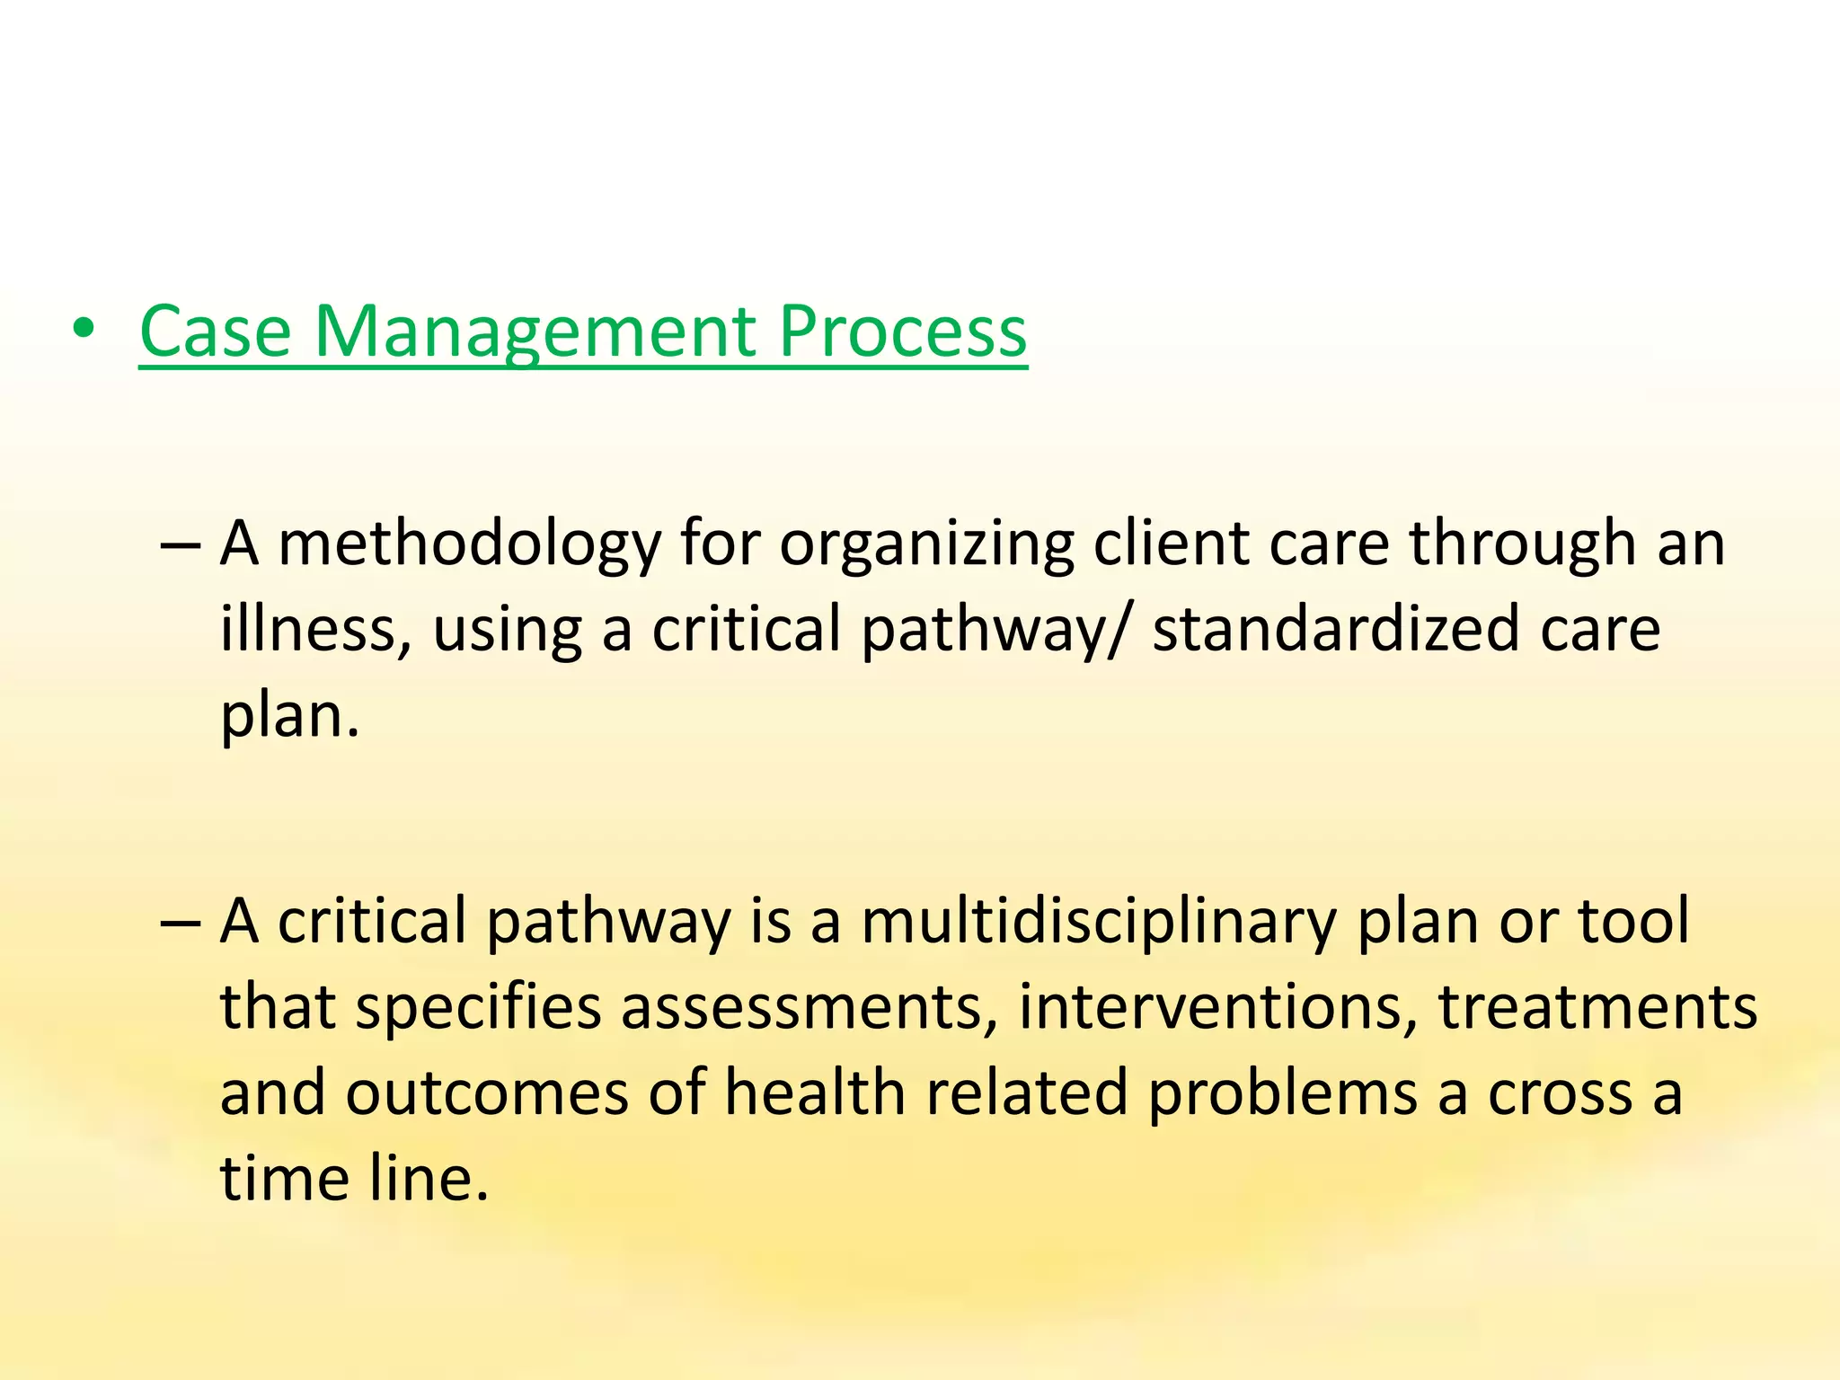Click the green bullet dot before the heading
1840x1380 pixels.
(84, 331)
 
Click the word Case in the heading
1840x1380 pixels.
(215, 332)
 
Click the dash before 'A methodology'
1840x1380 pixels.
(179, 544)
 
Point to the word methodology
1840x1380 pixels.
(470, 546)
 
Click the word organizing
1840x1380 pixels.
(925, 546)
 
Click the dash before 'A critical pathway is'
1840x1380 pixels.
(179, 923)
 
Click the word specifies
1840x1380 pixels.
(479, 1008)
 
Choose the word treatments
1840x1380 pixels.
(1597, 1008)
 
